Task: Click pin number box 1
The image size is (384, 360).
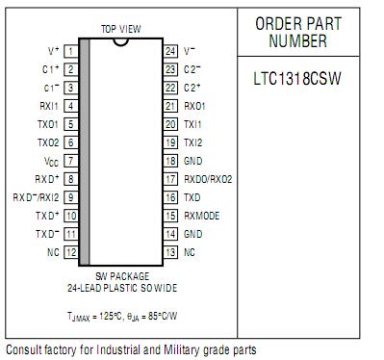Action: tap(71, 50)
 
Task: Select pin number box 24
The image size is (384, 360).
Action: tap(169, 50)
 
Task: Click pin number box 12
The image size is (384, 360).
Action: tap(71, 251)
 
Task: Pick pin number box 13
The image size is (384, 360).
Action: tap(169, 251)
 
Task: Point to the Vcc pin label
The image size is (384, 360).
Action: tap(52, 161)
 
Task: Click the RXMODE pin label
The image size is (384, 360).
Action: tap(201, 216)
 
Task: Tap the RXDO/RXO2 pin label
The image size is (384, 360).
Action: tap(208, 179)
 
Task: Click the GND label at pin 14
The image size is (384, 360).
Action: tap(193, 234)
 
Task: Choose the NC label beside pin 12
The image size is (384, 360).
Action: tap(54, 252)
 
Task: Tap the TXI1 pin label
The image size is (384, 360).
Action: tap(192, 124)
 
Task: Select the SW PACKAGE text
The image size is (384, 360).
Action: tap(120, 277)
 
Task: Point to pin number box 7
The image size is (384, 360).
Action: tap(71, 161)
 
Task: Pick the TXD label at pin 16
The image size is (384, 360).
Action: tap(192, 197)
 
